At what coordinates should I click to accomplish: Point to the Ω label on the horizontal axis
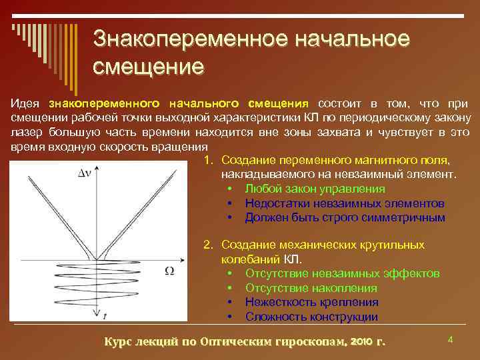point(169,271)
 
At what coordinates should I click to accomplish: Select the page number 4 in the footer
point(450,340)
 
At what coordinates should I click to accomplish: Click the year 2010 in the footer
point(361,341)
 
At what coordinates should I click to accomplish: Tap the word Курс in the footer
point(120,341)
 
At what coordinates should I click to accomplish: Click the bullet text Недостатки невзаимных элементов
point(344,203)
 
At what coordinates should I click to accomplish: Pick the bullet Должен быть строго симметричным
point(345,217)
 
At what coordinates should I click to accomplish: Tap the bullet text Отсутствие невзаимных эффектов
point(342,273)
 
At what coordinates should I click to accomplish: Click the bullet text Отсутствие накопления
point(311,288)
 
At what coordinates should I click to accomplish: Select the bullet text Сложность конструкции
point(311,317)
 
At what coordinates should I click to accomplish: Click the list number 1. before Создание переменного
point(209,161)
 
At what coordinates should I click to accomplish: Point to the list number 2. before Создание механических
point(209,245)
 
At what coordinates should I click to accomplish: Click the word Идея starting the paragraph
point(25,103)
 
